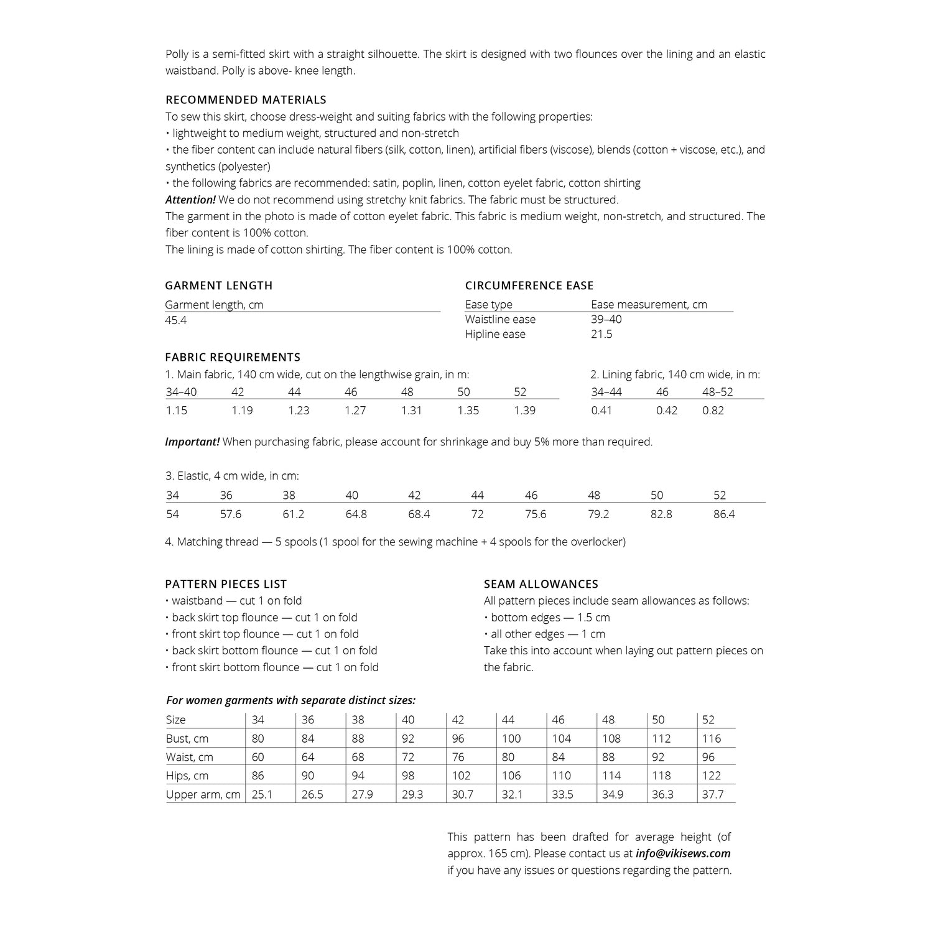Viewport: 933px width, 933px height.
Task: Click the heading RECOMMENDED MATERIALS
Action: coord(246,100)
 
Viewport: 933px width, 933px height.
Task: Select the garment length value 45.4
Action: coord(176,320)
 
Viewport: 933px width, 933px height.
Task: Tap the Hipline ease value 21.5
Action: coord(601,334)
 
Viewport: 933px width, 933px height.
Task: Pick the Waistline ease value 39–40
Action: coord(606,319)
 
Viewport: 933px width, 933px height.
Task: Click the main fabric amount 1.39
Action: coord(524,411)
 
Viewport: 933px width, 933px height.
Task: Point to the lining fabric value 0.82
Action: coord(713,411)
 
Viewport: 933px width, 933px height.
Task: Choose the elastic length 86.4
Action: coord(724,514)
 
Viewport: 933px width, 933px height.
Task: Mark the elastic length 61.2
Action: coord(293,514)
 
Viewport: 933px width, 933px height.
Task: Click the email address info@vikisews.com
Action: coord(683,853)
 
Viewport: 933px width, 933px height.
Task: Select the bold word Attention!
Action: coord(190,200)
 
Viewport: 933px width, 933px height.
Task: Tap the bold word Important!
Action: coord(192,442)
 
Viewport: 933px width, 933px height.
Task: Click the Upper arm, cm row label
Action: coord(203,794)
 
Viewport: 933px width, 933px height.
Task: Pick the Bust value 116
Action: coord(711,738)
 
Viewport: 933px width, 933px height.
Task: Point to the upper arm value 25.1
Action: coord(262,794)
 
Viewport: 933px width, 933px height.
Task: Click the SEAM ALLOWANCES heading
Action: coord(541,584)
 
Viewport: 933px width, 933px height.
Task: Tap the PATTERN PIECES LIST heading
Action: coord(226,584)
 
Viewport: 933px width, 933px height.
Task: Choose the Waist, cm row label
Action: coord(189,757)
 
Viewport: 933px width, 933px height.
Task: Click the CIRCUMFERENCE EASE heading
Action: coord(529,285)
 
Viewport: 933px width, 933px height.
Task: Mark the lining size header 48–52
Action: coord(717,392)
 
